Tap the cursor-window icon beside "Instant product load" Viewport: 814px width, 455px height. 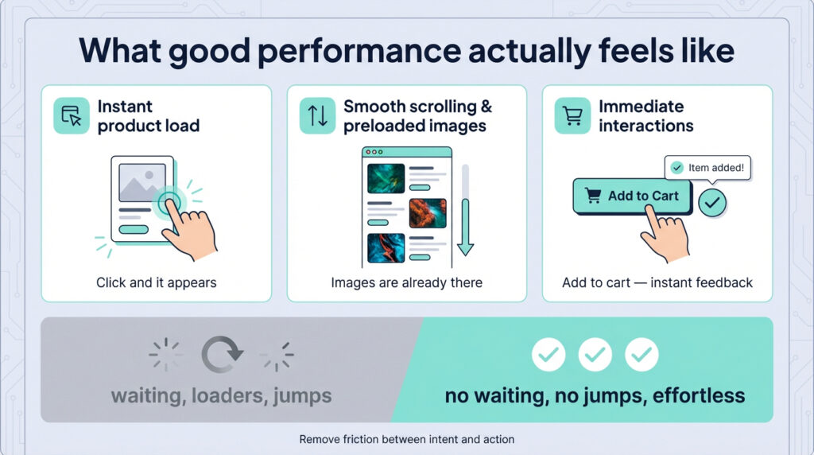pos(72,115)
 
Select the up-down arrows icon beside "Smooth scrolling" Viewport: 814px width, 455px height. pos(317,115)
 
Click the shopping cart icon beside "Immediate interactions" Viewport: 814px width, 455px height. pos(572,115)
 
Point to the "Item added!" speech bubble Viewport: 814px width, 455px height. pos(707,168)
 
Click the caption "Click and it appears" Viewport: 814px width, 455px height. pos(157,282)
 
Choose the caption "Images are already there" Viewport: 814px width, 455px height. pos(406,282)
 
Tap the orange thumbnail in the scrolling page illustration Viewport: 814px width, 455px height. pos(428,213)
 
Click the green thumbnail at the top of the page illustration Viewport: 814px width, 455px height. pos(386,178)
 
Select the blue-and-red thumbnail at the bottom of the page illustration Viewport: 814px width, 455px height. pos(386,247)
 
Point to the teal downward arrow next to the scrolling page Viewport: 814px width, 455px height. pos(466,227)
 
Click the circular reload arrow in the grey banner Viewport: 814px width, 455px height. pos(223,355)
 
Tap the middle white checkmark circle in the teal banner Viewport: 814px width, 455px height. pos(595,355)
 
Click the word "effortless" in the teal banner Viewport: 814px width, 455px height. pos(699,396)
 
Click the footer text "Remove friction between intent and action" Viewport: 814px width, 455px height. pos(407,439)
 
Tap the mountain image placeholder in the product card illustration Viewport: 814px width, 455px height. pos(142,183)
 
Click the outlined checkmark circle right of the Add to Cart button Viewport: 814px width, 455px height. pos(712,203)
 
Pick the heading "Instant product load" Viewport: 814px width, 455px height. pos(149,116)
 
